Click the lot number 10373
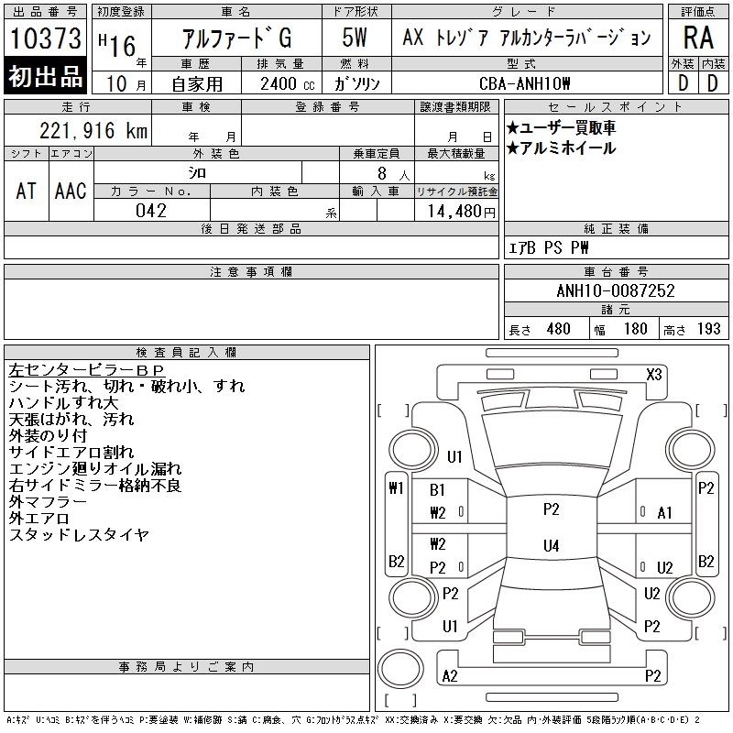(x=45, y=38)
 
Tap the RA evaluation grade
(x=698, y=38)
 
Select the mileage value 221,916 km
(x=93, y=130)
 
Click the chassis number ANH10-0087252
(x=616, y=290)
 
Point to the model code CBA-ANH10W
(x=524, y=83)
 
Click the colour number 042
(x=151, y=211)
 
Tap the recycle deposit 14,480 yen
(x=462, y=212)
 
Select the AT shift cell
(x=27, y=191)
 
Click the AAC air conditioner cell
(x=71, y=191)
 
